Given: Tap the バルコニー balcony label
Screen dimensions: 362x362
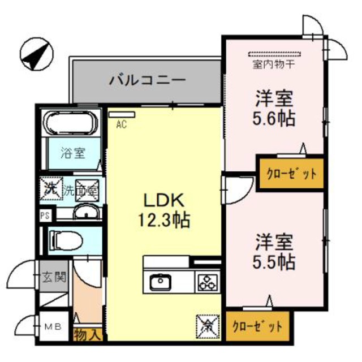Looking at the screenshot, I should (x=147, y=80).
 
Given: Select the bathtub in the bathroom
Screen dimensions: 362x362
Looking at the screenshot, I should (x=71, y=123).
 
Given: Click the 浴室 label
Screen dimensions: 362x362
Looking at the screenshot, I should (x=74, y=153).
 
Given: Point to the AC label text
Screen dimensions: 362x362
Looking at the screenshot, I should (x=121, y=126).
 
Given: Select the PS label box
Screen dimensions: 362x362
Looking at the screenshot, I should (x=44, y=215).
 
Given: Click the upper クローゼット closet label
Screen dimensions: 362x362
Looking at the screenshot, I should (x=291, y=174).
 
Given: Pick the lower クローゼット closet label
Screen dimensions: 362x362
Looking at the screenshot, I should (x=257, y=326).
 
